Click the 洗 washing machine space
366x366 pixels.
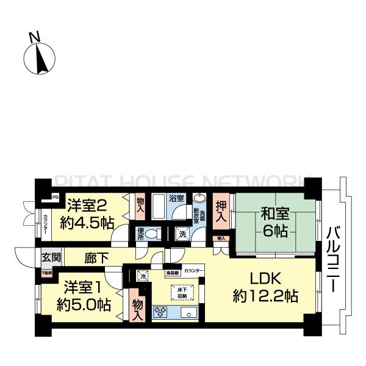tap(182, 233)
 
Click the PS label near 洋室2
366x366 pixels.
tap(55, 197)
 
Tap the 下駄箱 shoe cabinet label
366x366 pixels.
tap(47, 272)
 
